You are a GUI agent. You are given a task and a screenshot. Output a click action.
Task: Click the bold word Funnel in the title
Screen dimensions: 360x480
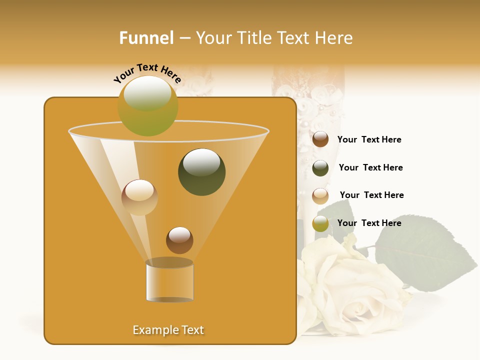click(x=146, y=38)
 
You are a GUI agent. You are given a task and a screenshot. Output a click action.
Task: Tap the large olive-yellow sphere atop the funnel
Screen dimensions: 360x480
click(x=147, y=105)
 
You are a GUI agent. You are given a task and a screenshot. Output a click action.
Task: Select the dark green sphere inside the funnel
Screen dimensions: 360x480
click(x=201, y=171)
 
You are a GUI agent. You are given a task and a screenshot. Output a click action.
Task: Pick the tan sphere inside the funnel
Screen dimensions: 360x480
click(x=139, y=197)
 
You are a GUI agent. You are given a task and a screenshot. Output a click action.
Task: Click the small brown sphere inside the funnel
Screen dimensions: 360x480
click(x=179, y=240)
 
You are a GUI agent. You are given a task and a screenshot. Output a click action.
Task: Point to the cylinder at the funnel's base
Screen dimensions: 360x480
click(x=169, y=281)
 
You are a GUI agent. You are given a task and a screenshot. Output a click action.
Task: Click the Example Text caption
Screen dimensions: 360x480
click(x=168, y=330)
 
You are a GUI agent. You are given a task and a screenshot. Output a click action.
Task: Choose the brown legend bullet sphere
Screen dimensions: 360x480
click(x=320, y=139)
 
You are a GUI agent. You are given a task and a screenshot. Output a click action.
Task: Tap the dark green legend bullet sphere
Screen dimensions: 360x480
click(x=320, y=168)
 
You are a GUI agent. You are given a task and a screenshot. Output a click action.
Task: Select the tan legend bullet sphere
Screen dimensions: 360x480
click(x=320, y=195)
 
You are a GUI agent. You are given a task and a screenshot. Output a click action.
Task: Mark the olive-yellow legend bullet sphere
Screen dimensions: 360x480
click(x=320, y=223)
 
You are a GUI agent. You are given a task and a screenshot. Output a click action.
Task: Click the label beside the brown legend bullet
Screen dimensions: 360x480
click(x=369, y=139)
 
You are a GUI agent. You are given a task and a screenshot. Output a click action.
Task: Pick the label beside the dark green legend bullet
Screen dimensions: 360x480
click(x=370, y=167)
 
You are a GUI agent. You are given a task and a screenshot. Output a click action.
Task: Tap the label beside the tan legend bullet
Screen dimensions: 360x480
click(x=371, y=195)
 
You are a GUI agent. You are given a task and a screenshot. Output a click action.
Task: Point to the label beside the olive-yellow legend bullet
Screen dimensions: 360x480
click(x=369, y=223)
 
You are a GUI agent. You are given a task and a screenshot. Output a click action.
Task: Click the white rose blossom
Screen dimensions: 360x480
click(x=350, y=290)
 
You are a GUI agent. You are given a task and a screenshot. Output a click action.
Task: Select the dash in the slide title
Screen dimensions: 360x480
click(x=184, y=38)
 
